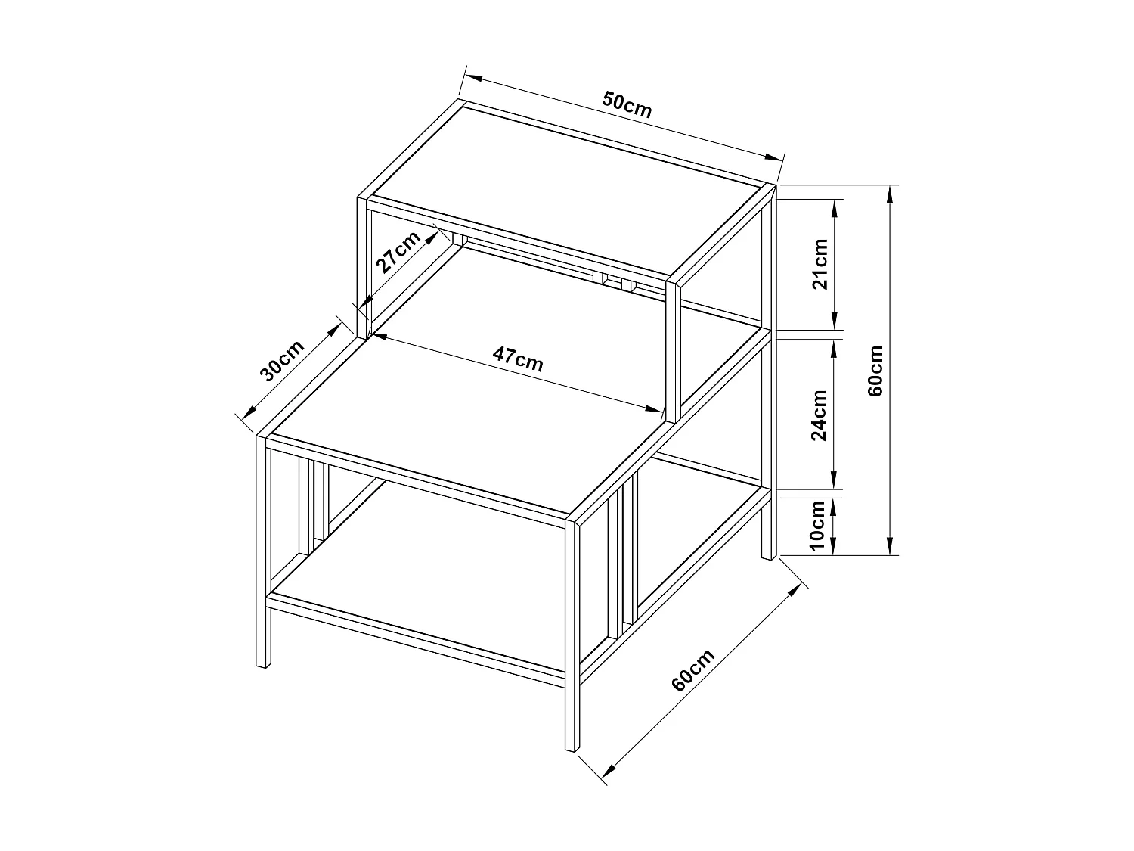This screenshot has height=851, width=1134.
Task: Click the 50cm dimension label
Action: pos(627,104)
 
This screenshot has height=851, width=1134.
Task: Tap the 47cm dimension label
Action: pos(518,358)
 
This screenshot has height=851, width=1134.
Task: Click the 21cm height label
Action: pos(819,263)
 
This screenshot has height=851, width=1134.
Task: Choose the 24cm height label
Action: pos(819,415)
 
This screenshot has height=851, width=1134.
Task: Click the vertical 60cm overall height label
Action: pos(875,371)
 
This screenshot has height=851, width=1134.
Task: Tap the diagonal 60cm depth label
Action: pos(692,669)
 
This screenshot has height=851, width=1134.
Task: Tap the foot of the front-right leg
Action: pos(572,747)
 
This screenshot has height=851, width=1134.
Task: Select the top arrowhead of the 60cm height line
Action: pos(891,192)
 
